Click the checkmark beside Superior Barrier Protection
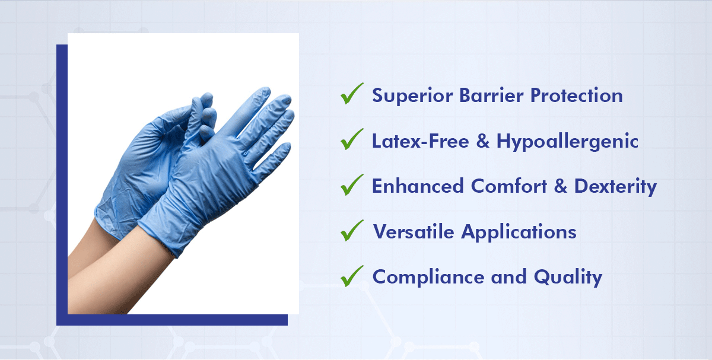(352, 94)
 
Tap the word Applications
(519, 232)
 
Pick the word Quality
(568, 277)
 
